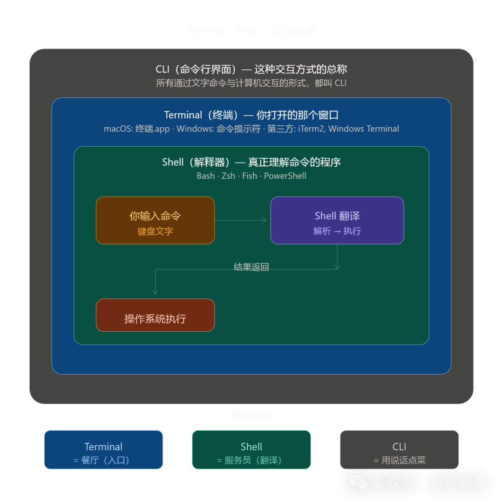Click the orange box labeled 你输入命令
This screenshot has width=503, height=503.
155,220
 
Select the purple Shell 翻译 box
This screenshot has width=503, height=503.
337,220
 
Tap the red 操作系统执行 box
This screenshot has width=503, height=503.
155,315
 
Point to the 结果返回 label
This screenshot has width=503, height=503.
251,267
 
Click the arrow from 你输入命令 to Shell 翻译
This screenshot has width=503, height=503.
241,220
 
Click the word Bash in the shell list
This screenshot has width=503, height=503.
206,176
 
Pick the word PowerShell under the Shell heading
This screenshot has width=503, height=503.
285,176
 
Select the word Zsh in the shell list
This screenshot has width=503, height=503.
229,176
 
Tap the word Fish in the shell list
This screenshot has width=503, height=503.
250,176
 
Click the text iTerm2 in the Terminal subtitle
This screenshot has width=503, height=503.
311,129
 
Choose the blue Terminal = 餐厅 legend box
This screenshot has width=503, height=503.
103,449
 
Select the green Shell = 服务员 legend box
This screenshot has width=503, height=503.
251,449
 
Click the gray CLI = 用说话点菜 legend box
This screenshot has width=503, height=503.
399,449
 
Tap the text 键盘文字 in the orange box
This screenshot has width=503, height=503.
155,231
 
